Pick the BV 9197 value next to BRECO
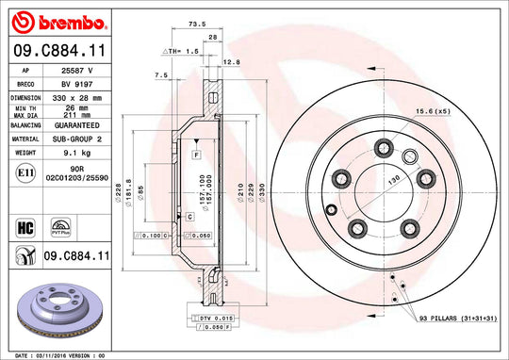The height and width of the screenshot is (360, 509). coord(77,85)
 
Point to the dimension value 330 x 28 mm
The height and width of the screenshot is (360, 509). coord(77,97)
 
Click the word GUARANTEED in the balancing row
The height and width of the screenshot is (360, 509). coord(77,123)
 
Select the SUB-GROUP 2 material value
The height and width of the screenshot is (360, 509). coord(77,137)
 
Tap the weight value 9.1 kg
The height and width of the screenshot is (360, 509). coord(77,150)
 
